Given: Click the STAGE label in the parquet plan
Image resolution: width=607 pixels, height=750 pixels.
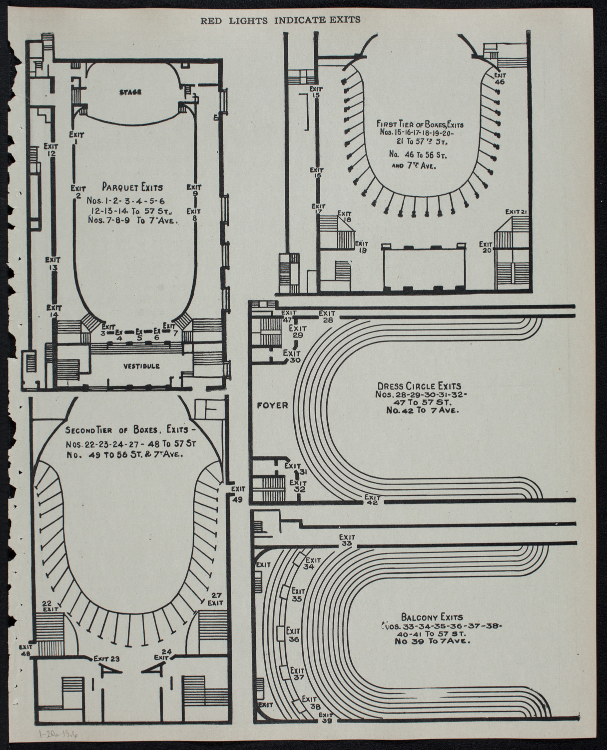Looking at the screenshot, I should [131, 92].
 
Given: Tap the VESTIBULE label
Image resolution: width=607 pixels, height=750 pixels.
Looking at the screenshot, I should [142, 366].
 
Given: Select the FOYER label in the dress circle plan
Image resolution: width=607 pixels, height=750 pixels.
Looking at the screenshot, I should [273, 405].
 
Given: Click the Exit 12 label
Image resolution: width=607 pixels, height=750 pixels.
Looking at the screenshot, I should [51, 150].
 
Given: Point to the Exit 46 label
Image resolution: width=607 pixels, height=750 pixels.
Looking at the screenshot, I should [499, 78].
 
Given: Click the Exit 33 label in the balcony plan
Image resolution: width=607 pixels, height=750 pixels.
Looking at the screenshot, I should [347, 540].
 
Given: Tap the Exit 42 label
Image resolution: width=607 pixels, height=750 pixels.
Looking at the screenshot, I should [372, 500].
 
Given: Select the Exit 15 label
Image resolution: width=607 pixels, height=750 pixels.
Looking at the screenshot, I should [316, 92].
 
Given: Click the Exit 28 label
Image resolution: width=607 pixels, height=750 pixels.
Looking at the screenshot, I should [328, 316].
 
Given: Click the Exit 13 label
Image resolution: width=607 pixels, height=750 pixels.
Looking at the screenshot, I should [52, 263].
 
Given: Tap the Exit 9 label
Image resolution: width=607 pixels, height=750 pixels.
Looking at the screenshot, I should [195, 190].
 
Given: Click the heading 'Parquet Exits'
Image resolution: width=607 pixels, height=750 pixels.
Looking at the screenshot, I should [132, 187].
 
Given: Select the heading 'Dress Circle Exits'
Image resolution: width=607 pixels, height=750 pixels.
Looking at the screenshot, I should [419, 386].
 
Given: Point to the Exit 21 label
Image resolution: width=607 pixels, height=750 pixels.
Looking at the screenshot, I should [516, 211].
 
